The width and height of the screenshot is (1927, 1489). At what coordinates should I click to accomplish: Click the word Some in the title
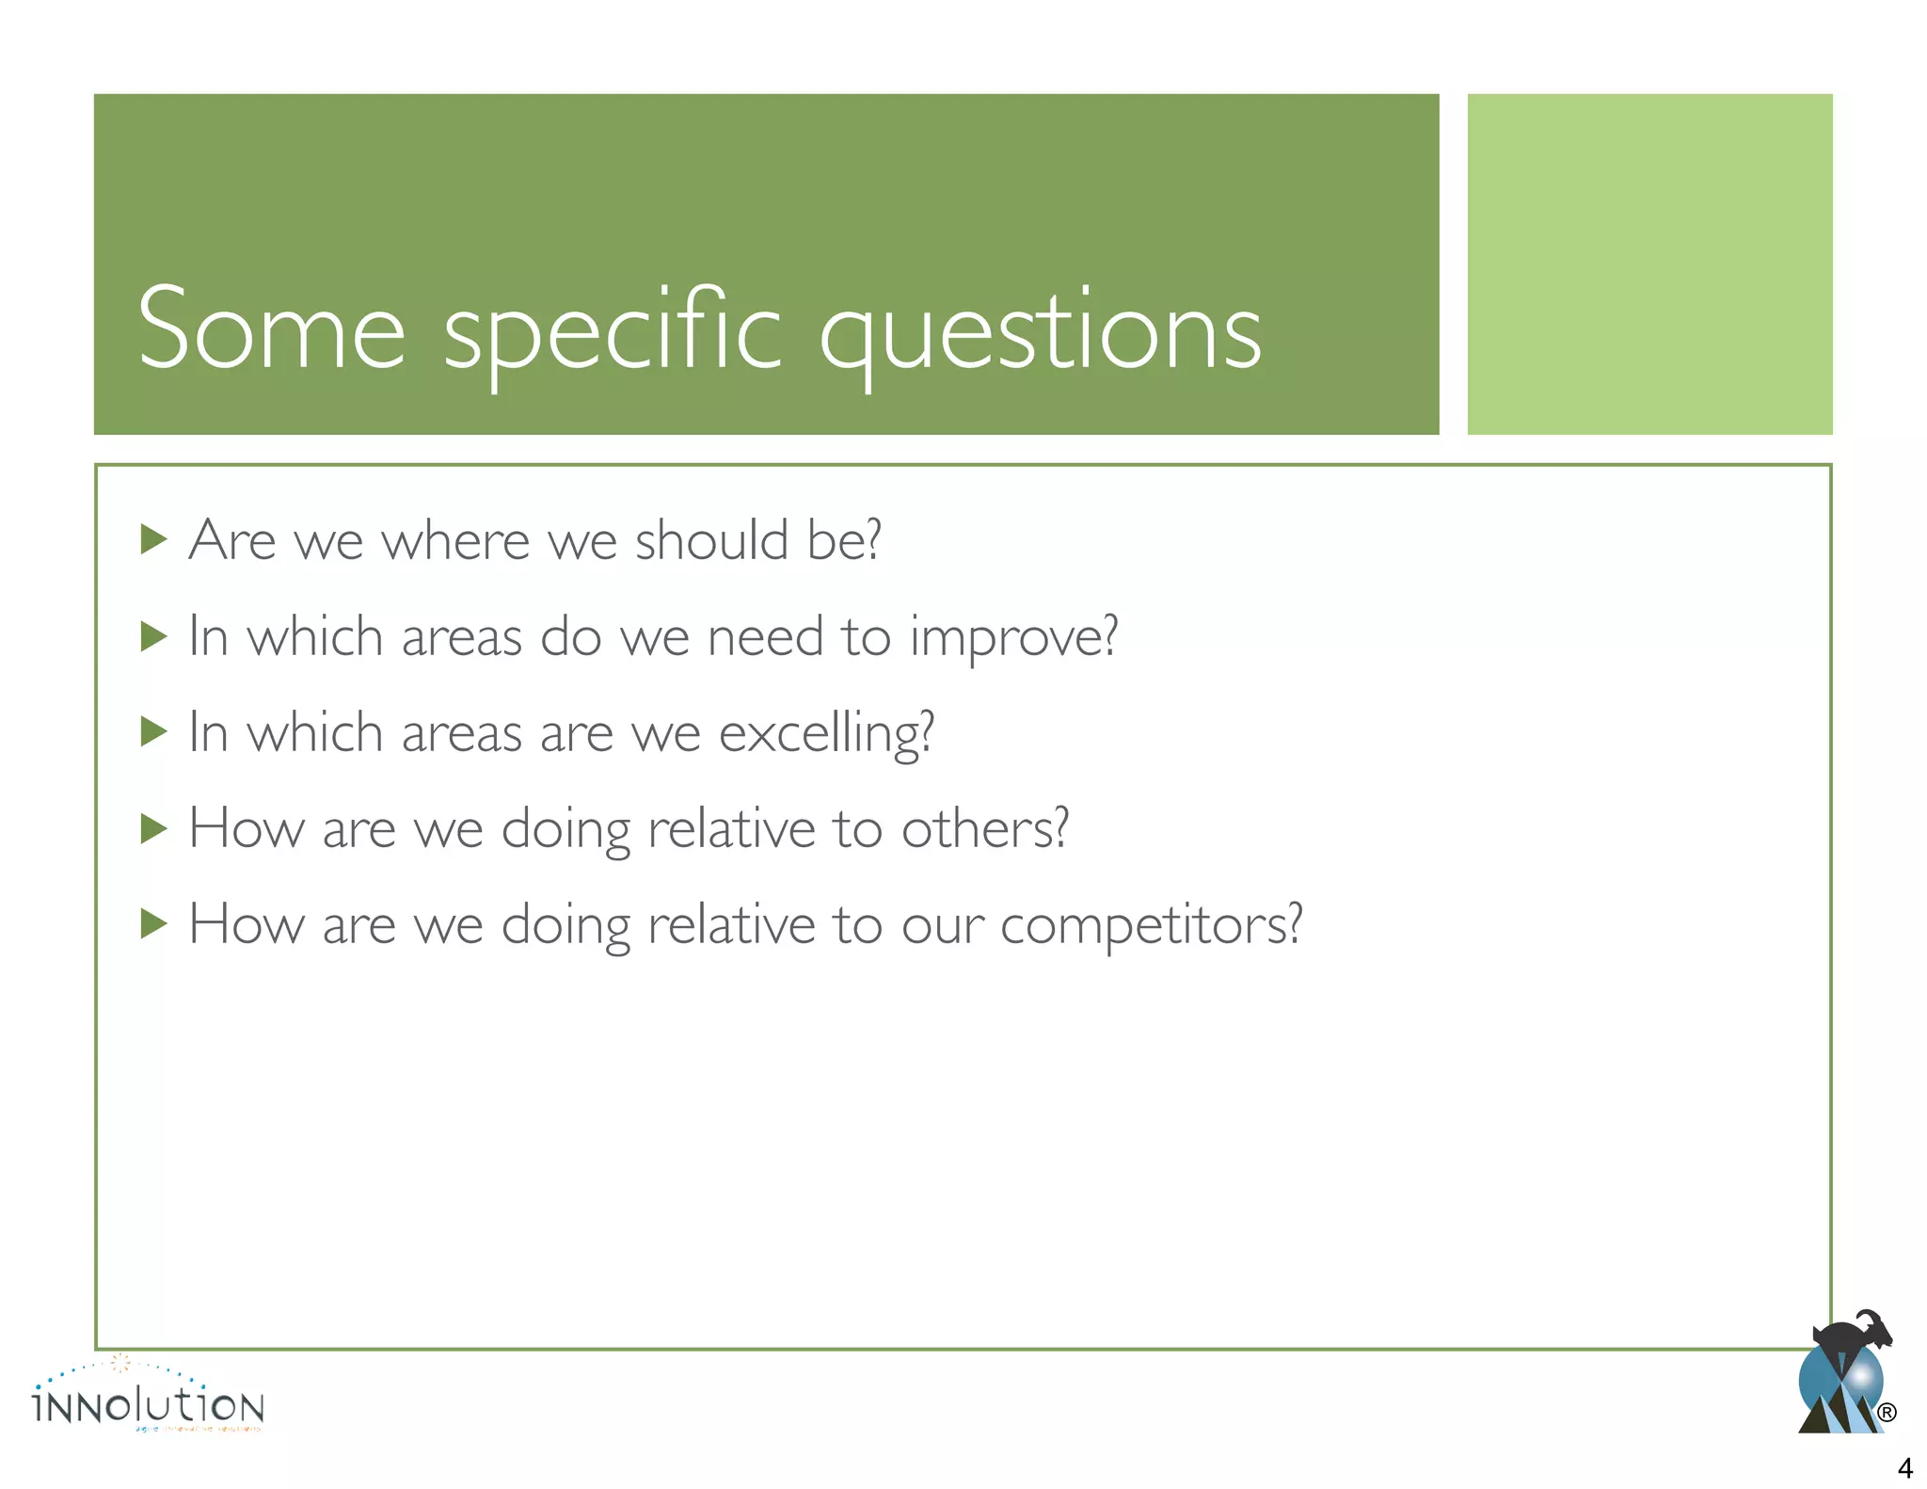[271, 329]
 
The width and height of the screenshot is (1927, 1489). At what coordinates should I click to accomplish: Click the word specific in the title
[612, 331]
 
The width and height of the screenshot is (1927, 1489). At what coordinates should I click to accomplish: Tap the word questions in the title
[1040, 331]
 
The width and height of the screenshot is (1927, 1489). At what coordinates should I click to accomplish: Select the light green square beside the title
[1648, 264]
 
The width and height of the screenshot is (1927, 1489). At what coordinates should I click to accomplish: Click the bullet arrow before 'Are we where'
[153, 540]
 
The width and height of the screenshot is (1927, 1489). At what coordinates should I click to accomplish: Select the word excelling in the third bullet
[825, 734]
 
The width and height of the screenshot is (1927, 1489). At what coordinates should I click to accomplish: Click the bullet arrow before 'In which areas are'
[153, 732]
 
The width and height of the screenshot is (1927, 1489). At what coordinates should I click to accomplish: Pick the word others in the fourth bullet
[984, 829]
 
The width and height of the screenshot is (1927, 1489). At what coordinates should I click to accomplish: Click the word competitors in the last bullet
[1150, 925]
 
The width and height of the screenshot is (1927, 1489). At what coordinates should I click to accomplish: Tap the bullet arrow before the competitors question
[153, 924]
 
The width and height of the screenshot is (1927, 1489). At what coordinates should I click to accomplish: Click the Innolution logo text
[149, 1406]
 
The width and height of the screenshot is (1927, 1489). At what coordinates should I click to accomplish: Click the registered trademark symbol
[1886, 1413]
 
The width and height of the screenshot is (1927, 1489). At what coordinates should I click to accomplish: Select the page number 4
[1904, 1467]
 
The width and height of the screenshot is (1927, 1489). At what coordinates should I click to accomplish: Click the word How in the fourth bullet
[247, 829]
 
